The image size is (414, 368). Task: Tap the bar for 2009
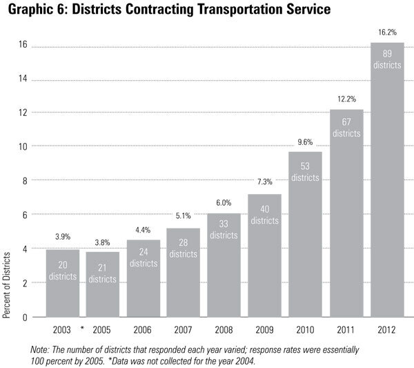point(266,255)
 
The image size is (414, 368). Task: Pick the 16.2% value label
point(388,32)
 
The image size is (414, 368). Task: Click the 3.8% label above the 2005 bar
point(102,242)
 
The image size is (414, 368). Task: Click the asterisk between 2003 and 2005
point(82,328)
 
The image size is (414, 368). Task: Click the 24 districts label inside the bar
point(143,257)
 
